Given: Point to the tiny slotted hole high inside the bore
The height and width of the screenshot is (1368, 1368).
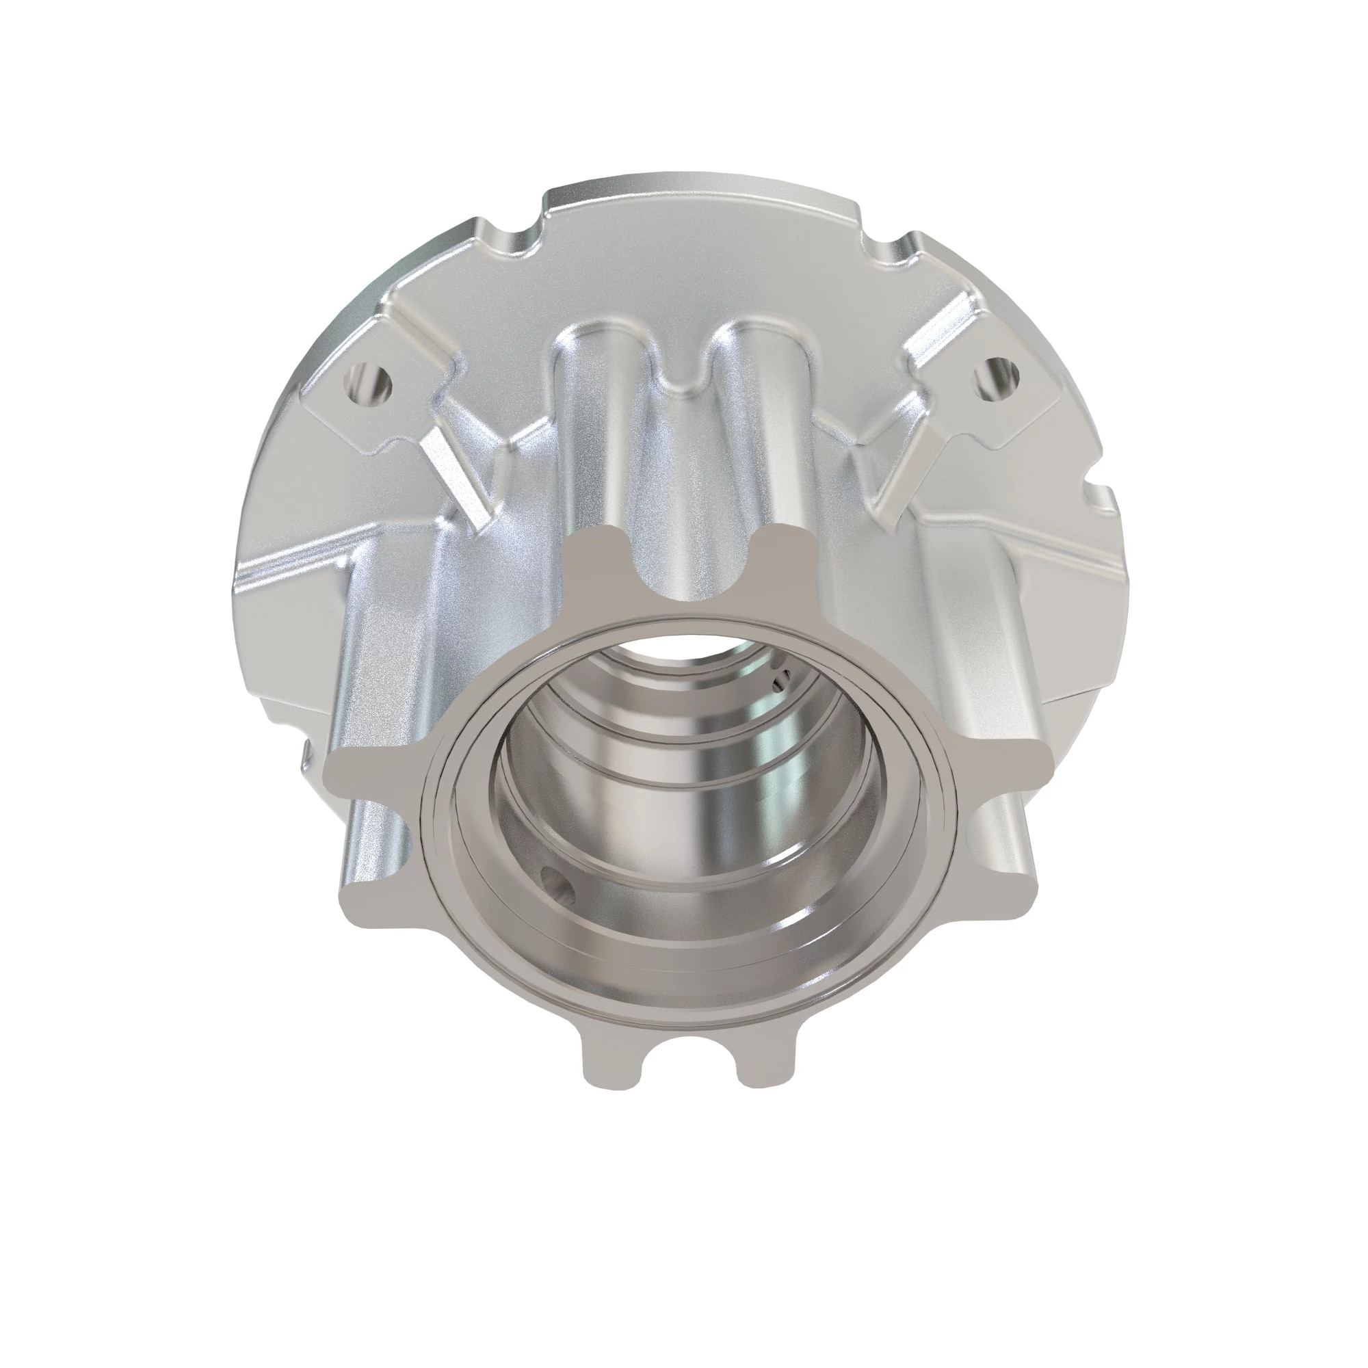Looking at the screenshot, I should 779,683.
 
